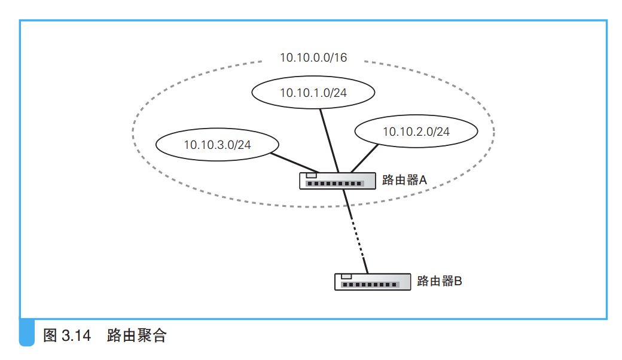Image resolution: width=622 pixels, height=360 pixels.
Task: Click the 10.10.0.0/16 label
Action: pos(313,57)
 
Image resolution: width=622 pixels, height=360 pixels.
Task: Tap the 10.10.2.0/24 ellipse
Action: pos(416,132)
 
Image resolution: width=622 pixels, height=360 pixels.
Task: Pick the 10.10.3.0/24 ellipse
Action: pos(217,144)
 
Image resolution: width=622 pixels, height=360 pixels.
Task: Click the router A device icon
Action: pos(338,181)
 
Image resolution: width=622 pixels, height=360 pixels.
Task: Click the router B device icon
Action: pos(373,282)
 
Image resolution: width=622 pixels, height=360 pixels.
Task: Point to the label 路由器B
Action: pos(439,280)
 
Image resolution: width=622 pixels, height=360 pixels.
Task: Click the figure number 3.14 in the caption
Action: pos(76,336)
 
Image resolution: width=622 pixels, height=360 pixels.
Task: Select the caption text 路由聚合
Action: pos(136,336)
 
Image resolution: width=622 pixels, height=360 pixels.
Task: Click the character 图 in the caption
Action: pos(50,336)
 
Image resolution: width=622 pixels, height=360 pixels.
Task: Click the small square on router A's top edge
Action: pos(311,175)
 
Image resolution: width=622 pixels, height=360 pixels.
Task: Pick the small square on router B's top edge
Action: pos(346,276)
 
